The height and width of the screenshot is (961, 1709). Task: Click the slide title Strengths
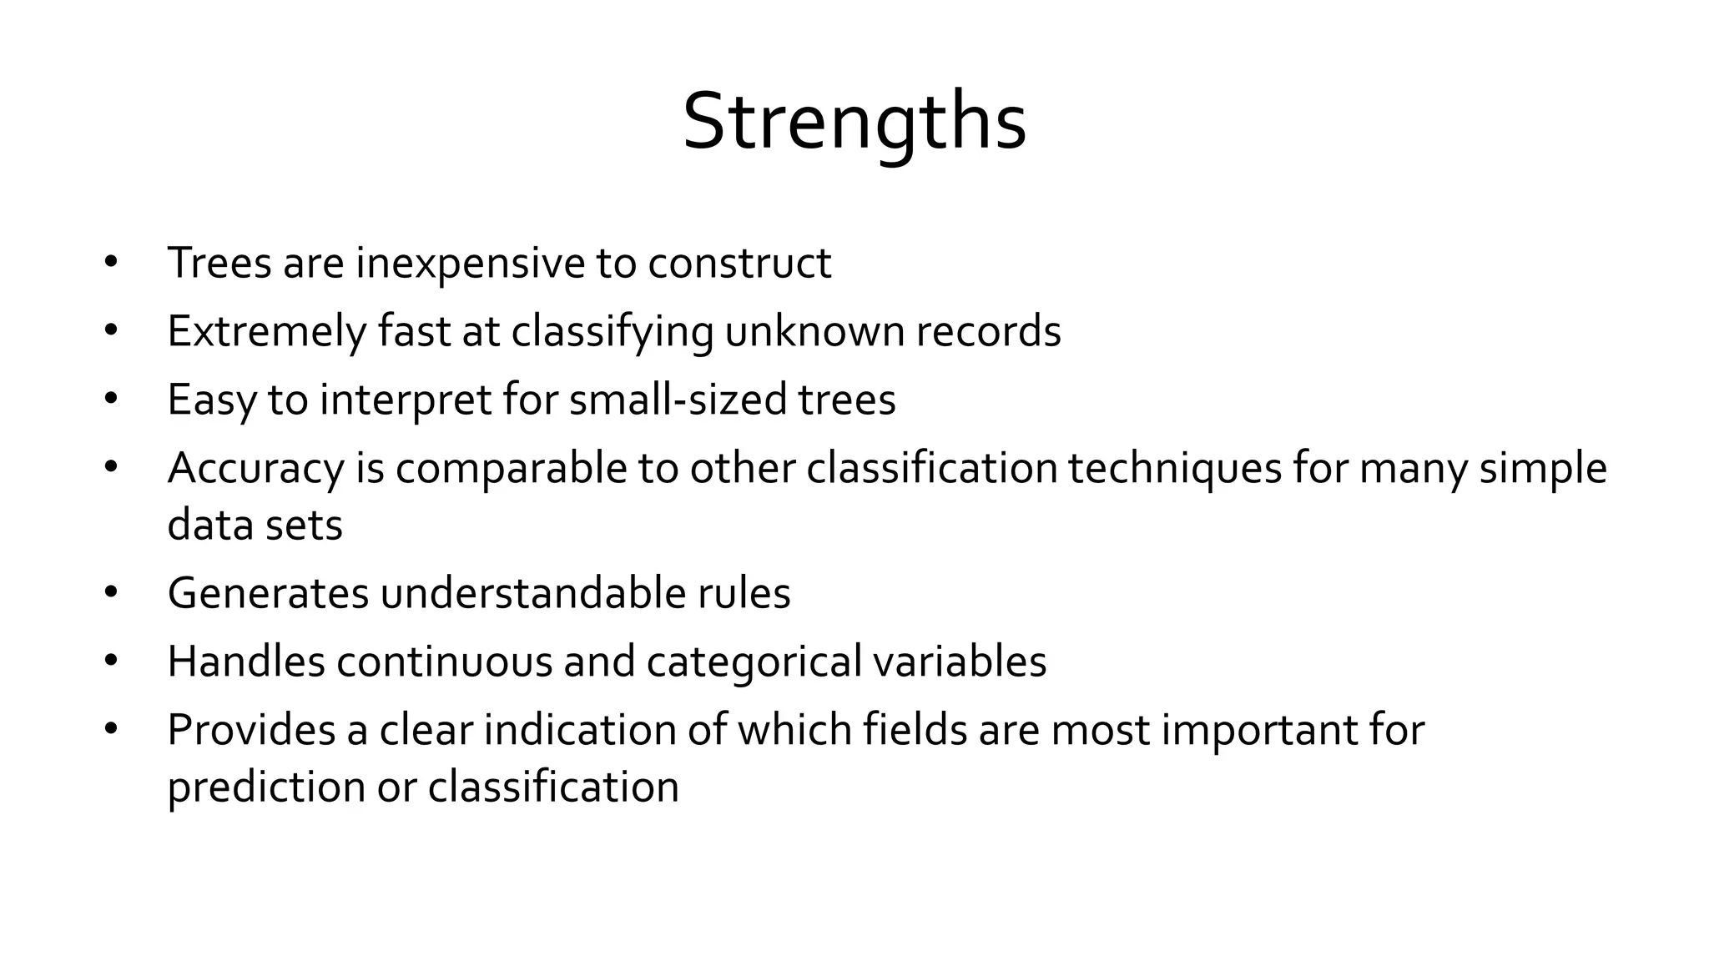854,122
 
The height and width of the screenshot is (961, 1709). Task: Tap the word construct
739,264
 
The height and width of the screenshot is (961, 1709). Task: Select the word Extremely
267,332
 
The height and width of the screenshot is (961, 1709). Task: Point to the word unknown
814,332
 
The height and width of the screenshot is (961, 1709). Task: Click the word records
989,332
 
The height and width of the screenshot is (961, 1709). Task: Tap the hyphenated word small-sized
678,400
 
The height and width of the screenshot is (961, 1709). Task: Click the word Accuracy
255,469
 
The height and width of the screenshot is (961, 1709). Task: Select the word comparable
511,469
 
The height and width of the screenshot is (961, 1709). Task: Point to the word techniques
1175,469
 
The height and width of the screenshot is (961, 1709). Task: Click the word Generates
268,594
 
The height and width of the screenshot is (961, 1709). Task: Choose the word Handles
246,662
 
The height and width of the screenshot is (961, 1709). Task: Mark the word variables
960,662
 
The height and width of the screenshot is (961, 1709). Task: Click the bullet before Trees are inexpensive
111,264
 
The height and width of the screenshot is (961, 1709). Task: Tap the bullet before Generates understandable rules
111,594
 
